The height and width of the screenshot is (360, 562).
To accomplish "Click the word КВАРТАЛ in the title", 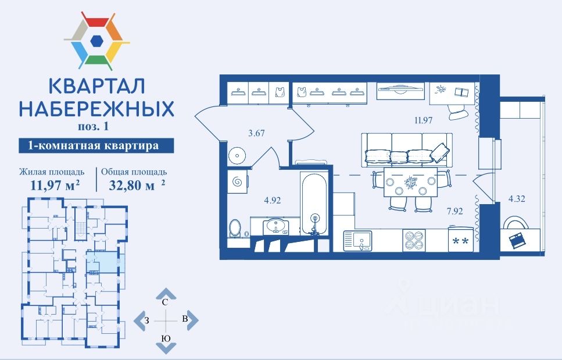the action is (x=96, y=88).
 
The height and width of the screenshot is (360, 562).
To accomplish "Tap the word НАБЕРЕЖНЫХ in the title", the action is (x=96, y=109).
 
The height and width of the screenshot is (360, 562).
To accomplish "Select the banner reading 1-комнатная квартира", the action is (x=88, y=145).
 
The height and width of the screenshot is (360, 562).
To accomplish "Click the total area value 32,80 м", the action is (x=133, y=186).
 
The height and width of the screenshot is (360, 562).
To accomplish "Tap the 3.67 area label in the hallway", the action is (x=256, y=133).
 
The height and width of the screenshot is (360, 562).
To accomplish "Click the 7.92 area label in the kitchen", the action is (x=454, y=211).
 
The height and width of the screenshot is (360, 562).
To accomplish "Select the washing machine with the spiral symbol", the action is (x=238, y=182).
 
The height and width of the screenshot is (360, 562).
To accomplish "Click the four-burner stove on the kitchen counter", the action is (x=414, y=240).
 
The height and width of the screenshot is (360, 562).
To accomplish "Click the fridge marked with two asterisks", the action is (x=461, y=240).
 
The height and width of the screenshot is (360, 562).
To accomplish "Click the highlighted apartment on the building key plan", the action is (x=102, y=262).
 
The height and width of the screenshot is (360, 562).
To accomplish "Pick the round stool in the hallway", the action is (x=238, y=155).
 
